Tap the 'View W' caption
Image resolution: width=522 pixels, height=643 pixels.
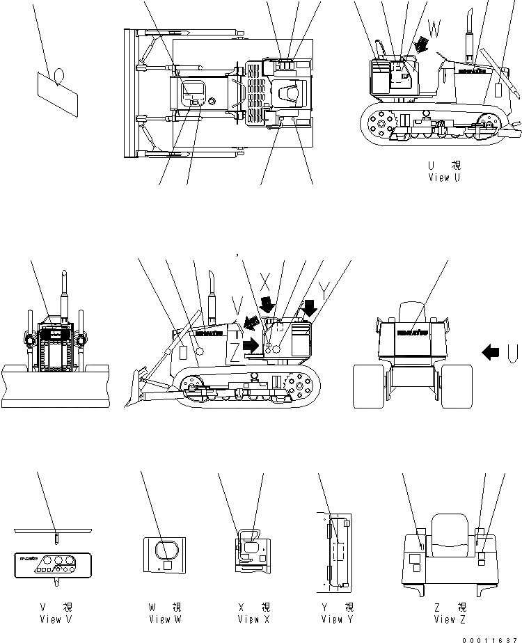(x=164, y=619)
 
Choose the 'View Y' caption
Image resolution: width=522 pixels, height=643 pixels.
(x=338, y=619)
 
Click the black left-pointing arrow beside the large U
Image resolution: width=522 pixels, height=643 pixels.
(x=491, y=354)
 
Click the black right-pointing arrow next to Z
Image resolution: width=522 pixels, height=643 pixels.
(x=251, y=345)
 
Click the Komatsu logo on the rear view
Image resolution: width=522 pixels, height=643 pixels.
(x=412, y=333)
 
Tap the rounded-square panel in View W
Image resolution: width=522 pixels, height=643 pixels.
(x=166, y=550)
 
